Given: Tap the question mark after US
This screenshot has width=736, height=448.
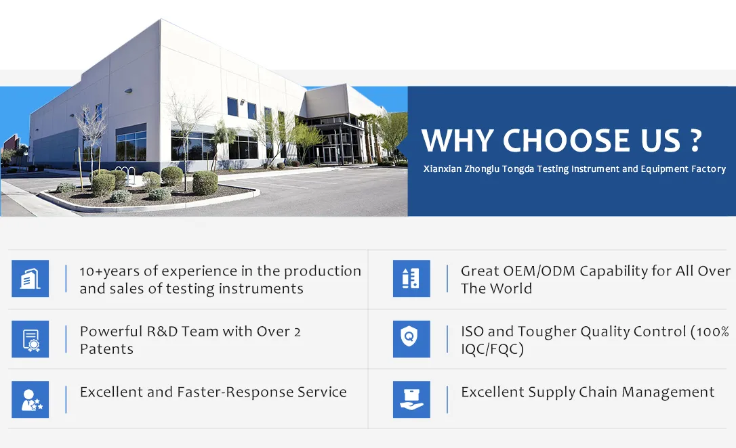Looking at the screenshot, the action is (696, 140).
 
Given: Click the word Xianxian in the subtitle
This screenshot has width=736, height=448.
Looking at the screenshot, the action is (442, 169).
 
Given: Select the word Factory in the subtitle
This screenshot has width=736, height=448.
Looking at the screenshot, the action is (708, 169).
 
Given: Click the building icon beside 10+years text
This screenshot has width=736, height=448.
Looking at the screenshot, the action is (30, 278).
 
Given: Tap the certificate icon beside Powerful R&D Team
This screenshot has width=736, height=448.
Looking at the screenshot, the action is (30, 339).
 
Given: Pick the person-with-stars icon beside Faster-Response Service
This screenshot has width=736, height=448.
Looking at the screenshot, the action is (30, 399).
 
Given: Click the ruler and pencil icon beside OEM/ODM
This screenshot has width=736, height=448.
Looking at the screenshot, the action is (411, 278).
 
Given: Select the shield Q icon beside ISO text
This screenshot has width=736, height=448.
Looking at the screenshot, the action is (411, 339).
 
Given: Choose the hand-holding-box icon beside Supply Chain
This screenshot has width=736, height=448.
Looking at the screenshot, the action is (411, 399).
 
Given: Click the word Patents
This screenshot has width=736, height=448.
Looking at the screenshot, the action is (106, 349).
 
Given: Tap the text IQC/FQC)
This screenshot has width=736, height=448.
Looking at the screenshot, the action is (493, 349).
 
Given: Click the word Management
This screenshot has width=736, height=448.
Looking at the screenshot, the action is (668, 393).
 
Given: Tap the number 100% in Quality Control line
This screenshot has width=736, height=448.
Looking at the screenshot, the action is (712, 332).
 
